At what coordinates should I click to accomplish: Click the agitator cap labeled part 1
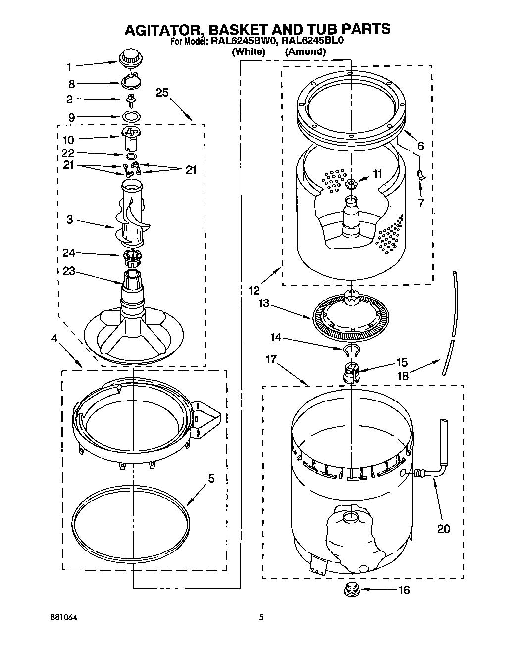tap(130, 57)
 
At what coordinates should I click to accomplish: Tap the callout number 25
tap(162, 92)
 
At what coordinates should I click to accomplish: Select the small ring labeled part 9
tap(130, 117)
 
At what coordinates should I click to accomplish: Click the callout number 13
tap(264, 303)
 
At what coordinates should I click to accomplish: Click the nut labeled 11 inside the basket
tap(352, 184)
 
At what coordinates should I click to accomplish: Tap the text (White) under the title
tap(249, 51)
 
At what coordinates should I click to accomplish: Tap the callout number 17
tap(271, 359)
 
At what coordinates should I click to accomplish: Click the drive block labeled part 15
tap(351, 372)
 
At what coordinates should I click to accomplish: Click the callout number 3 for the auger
tap(70, 218)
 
